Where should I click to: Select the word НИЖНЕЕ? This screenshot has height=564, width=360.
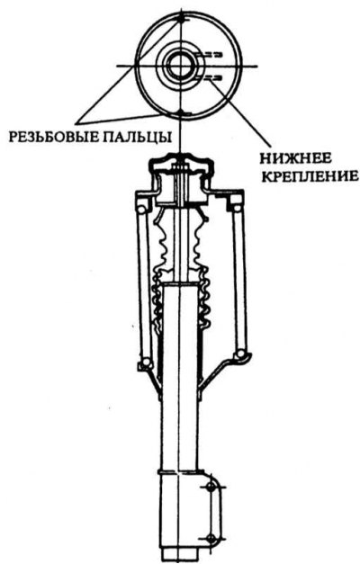[295, 158]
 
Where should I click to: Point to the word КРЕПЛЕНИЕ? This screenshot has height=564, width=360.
[310, 176]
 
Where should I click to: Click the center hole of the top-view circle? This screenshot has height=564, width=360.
[182, 67]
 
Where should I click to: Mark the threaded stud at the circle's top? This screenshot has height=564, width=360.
[182, 17]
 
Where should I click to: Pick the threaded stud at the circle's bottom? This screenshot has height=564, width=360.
[182, 113]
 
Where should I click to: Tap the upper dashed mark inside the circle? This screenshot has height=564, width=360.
[209, 55]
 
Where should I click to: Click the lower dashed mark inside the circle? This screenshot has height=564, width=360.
[209, 77]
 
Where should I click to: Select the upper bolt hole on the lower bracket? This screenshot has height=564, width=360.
[211, 487]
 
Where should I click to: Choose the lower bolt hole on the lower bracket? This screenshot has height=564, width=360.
[211, 539]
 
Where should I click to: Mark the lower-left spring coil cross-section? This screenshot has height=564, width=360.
[146, 363]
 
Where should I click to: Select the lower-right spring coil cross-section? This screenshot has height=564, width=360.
[240, 355]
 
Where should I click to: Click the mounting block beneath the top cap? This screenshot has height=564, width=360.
[180, 188]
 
